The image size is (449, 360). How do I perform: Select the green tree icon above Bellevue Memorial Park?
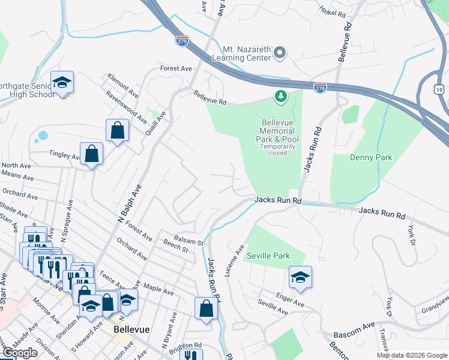[x=280, y=96]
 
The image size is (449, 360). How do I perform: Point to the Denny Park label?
[x=371, y=157]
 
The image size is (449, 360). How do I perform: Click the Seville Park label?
[x=268, y=256]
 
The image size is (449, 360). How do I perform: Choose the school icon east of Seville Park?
[x=300, y=277]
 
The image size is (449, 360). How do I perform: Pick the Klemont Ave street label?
[x=122, y=86]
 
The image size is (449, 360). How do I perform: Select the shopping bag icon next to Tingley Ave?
[x=91, y=153]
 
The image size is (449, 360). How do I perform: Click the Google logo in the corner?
[x=20, y=353]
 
